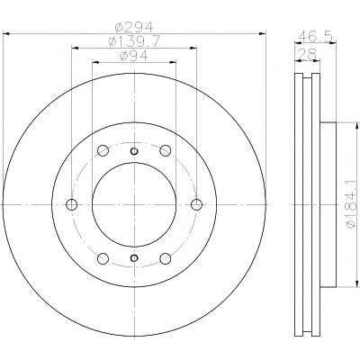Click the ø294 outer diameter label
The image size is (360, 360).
(x=134, y=27)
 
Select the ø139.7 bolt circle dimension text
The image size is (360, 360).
(x=134, y=41)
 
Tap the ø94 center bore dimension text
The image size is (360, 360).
(x=134, y=56)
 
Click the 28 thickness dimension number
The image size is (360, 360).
(x=308, y=54)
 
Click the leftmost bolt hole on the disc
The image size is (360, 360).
(x=71, y=204)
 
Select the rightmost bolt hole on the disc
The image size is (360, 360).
(x=197, y=204)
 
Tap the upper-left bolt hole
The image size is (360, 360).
(x=103, y=150)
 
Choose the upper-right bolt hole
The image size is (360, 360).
(x=166, y=150)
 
